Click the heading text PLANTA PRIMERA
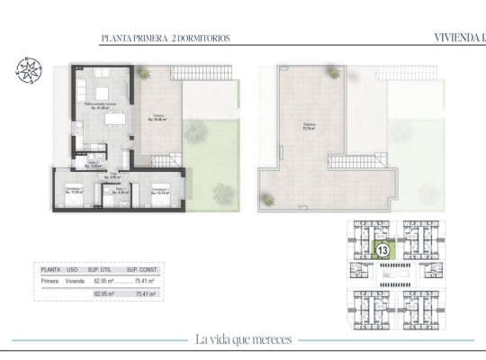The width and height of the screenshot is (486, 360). [133, 39]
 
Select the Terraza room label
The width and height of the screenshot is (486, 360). [158, 117]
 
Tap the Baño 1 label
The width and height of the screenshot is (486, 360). [119, 191]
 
